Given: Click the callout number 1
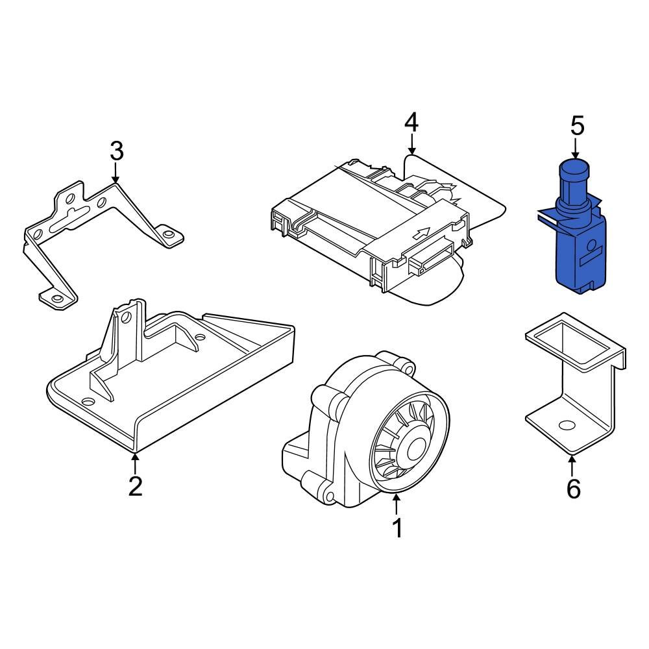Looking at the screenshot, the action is pyautogui.click(x=397, y=528).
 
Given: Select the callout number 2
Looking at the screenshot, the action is pyautogui.click(x=136, y=486).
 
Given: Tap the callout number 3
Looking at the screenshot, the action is pyautogui.click(x=117, y=151).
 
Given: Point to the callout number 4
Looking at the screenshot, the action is pyautogui.click(x=411, y=123).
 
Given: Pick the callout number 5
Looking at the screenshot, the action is pyautogui.click(x=578, y=126).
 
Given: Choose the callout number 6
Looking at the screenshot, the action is pyautogui.click(x=573, y=489).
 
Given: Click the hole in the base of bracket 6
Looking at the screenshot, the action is pyautogui.click(x=567, y=425).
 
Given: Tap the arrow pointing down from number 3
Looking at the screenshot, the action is pyautogui.click(x=116, y=172).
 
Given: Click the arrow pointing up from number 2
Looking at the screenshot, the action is pyautogui.click(x=134, y=464).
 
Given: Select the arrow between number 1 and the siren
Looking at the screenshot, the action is pyautogui.click(x=397, y=504).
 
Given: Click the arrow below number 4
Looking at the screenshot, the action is pyautogui.click(x=411, y=144).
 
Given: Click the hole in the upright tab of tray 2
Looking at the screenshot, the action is pyautogui.click(x=127, y=318).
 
